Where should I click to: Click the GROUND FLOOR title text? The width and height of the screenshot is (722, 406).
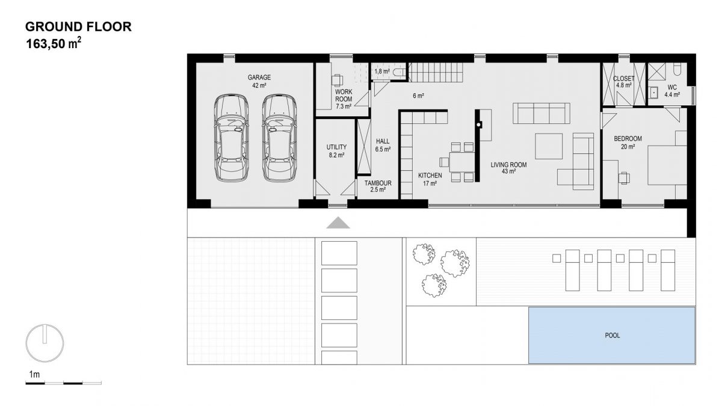(x=78, y=26)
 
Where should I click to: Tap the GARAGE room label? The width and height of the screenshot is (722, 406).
(x=259, y=78)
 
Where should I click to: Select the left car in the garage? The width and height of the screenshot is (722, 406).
(x=232, y=138)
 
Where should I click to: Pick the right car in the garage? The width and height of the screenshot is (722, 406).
(x=279, y=138)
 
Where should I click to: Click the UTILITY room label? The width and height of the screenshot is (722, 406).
(x=336, y=147)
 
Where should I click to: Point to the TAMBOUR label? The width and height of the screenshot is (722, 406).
(x=378, y=183)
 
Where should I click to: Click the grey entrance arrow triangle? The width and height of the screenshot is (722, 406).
(x=338, y=223)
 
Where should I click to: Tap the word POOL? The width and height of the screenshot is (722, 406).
(x=612, y=336)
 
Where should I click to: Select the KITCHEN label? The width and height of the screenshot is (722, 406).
(x=430, y=176)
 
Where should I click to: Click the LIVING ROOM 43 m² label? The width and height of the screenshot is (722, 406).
(x=508, y=168)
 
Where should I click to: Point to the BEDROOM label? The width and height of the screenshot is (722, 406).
(x=628, y=139)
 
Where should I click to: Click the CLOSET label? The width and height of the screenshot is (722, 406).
(x=624, y=79)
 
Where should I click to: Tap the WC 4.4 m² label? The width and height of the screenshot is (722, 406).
(x=672, y=91)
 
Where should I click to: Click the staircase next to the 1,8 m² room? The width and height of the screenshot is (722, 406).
(x=436, y=72)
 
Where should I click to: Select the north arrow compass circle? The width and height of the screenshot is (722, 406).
(x=45, y=343)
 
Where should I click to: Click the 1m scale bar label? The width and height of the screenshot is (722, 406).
(x=34, y=374)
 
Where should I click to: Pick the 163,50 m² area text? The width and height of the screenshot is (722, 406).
(x=54, y=43)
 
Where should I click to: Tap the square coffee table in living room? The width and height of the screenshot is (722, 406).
(x=549, y=146)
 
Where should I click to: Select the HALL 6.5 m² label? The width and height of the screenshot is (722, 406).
(x=383, y=146)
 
